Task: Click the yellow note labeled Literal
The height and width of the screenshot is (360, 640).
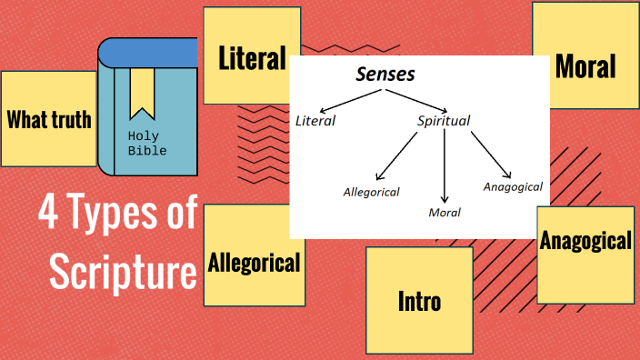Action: pyautogui.click(x=252, y=56)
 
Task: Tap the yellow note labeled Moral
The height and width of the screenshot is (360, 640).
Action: pyautogui.click(x=585, y=65)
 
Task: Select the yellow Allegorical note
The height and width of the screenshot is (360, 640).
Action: pyautogui.click(x=254, y=263)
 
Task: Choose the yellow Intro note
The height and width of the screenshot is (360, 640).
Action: pyautogui.click(x=419, y=300)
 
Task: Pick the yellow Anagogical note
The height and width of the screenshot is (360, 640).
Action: pyautogui.click(x=585, y=242)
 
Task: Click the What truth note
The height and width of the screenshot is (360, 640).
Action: pyautogui.click(x=49, y=118)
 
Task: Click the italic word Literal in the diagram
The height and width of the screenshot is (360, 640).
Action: pyautogui.click(x=315, y=121)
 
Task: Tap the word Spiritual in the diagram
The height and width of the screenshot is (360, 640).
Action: pyautogui.click(x=444, y=121)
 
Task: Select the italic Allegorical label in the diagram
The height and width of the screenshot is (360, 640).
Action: pyautogui.click(x=371, y=192)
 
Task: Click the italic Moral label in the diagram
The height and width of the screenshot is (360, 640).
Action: pyautogui.click(x=445, y=213)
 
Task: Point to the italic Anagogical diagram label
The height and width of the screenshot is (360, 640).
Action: pyautogui.click(x=513, y=186)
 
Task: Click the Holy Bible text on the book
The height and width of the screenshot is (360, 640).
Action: pyautogui.click(x=146, y=144)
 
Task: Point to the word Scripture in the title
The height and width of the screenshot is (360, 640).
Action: pyautogui.click(x=123, y=271)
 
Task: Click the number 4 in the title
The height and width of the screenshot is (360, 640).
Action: pyautogui.click(x=48, y=215)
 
